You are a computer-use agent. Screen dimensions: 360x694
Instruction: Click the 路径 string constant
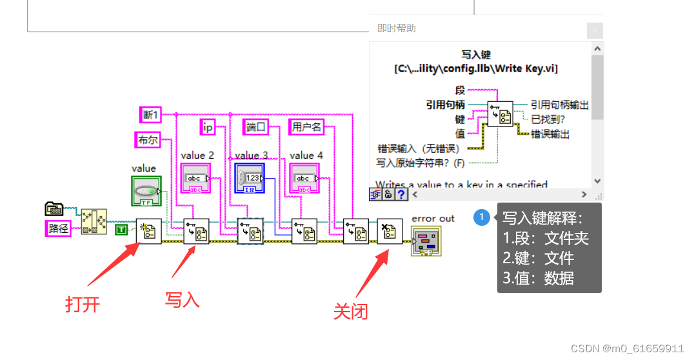pyautogui.click(x=59, y=228)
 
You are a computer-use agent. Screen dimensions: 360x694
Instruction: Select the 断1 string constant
pyautogui.click(x=150, y=115)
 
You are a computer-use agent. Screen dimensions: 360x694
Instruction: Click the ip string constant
pyautogui.click(x=208, y=127)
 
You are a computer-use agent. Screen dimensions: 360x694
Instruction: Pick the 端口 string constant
pyautogui.click(x=256, y=127)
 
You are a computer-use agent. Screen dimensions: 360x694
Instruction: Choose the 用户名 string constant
pyautogui.click(x=306, y=127)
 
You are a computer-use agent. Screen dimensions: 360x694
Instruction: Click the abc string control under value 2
pyautogui.click(x=195, y=178)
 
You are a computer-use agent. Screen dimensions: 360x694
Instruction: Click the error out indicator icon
pyautogui.click(x=426, y=241)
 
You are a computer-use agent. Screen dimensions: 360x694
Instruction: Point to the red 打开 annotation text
pyautogui.click(x=83, y=304)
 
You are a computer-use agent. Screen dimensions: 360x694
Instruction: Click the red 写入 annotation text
pyautogui.click(x=183, y=299)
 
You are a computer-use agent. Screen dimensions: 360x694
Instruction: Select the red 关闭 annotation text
pyautogui.click(x=350, y=312)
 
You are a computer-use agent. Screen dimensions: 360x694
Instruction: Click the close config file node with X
pyautogui.click(x=390, y=231)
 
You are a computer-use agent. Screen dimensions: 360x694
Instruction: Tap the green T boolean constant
pyautogui.click(x=121, y=229)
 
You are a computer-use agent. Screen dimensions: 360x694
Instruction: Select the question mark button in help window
pyautogui.click(x=401, y=194)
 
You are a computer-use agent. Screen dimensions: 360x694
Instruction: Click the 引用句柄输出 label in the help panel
pyautogui.click(x=559, y=105)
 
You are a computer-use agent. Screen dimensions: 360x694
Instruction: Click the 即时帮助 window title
pyautogui.click(x=397, y=28)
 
